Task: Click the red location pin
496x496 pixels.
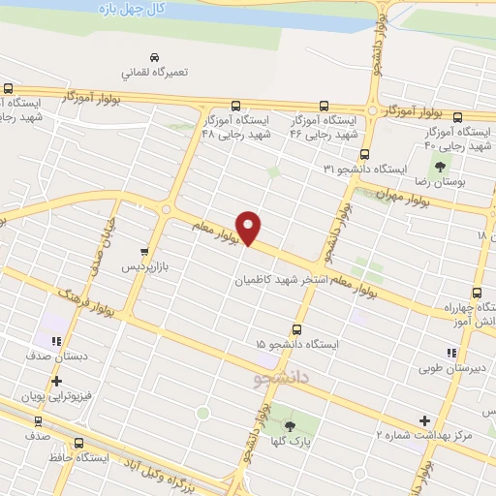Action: point(249,227)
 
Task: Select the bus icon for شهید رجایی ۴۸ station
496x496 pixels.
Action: point(235,106)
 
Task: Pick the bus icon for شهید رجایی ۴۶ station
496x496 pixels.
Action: point(325,107)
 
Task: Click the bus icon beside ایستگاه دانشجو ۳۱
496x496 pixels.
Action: point(365,154)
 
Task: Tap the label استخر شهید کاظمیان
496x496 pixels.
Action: point(272,282)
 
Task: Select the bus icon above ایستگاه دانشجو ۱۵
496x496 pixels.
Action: point(296,329)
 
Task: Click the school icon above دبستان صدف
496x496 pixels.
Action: point(56,341)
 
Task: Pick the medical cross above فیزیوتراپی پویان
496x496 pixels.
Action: point(56,381)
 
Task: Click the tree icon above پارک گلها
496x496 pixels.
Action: point(290,427)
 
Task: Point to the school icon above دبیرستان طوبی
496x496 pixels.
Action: point(451,354)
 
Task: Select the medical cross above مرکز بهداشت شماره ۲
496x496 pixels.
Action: point(423,420)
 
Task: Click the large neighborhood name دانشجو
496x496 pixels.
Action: point(279,375)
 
